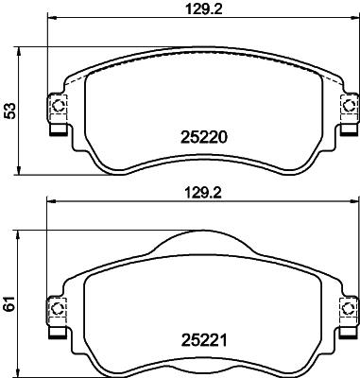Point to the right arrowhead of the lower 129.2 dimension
355,200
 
